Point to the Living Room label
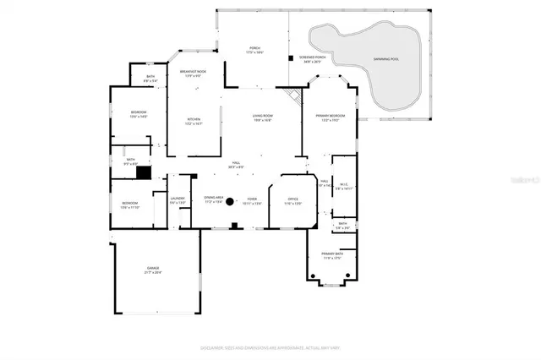click(261, 118)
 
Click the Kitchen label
click(194, 121)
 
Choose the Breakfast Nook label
click(195, 74)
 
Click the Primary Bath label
click(331, 256)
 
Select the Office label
click(292, 201)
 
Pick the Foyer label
click(252, 201)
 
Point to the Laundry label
click(177, 201)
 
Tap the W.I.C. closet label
click(343, 187)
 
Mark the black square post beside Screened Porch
click(291, 58)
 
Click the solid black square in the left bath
click(144, 173)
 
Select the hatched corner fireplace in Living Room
click(292, 95)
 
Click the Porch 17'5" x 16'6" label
click(254, 50)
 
